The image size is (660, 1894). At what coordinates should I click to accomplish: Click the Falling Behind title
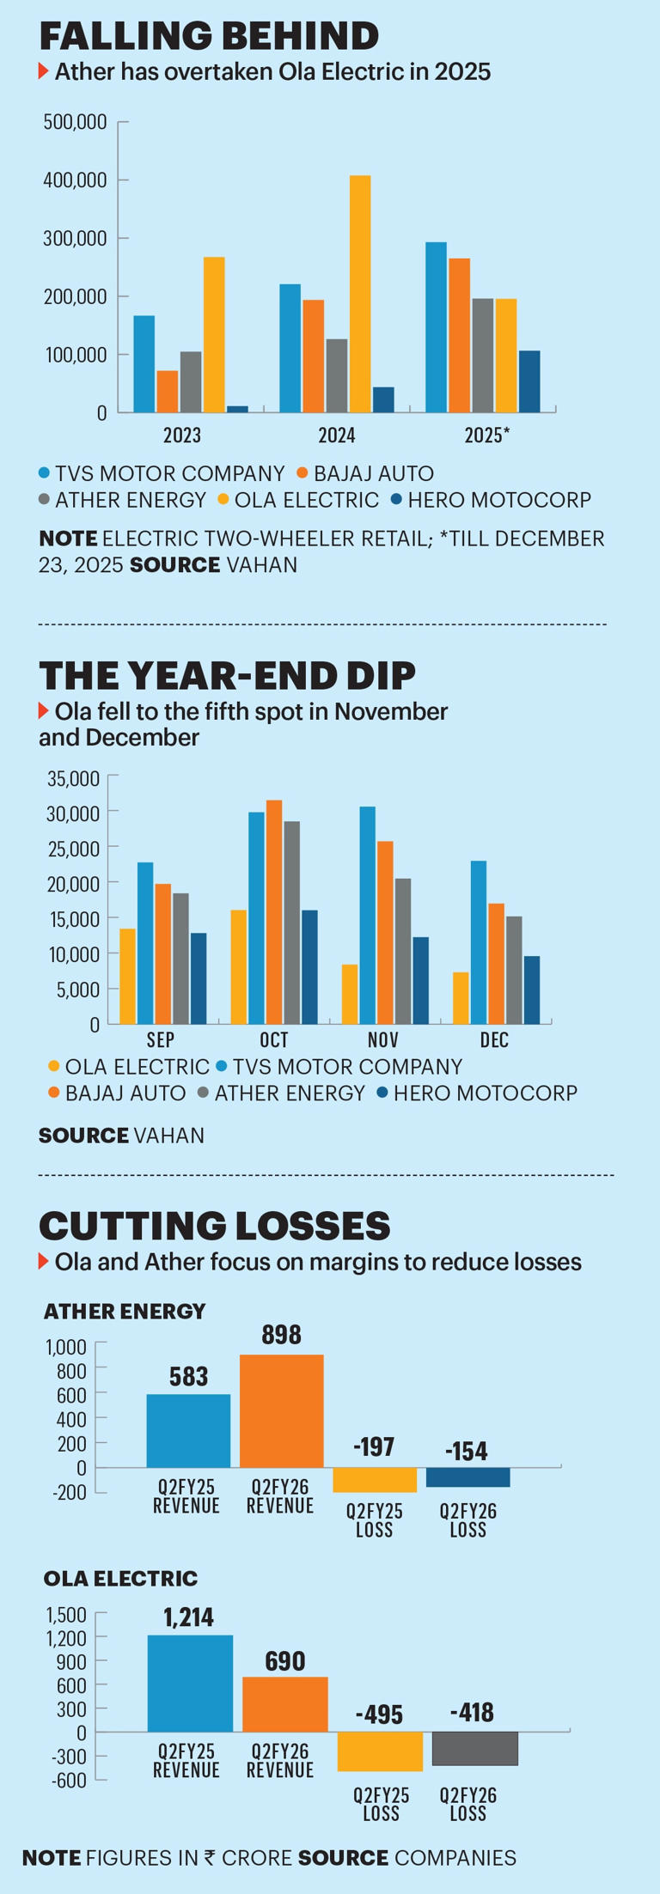(x=209, y=36)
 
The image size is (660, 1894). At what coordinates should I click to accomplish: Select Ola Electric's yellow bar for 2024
(x=360, y=294)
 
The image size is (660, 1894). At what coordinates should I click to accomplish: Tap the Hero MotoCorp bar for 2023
(x=237, y=409)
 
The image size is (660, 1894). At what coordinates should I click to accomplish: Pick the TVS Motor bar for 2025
(x=436, y=327)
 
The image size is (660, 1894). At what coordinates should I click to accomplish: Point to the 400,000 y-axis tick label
(x=75, y=180)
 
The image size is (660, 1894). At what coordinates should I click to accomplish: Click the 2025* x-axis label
(x=486, y=435)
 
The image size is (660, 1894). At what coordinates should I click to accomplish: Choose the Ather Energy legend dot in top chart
(x=45, y=500)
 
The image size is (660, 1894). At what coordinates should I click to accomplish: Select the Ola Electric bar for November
(x=350, y=994)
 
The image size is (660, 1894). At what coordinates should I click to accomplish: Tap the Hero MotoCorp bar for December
(x=532, y=990)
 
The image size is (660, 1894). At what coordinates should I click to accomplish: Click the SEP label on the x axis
(x=161, y=1040)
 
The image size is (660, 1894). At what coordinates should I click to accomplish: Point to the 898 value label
(x=281, y=1334)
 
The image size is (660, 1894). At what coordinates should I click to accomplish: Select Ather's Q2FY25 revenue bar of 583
(x=188, y=1430)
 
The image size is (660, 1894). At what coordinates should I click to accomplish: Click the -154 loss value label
(x=467, y=1451)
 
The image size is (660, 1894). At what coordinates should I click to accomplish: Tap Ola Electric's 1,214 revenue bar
(x=190, y=1683)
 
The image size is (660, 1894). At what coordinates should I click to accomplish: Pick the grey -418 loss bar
(x=474, y=1748)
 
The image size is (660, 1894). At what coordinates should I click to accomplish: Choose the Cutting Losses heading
(x=215, y=1226)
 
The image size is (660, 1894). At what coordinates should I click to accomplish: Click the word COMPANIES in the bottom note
(x=455, y=1858)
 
